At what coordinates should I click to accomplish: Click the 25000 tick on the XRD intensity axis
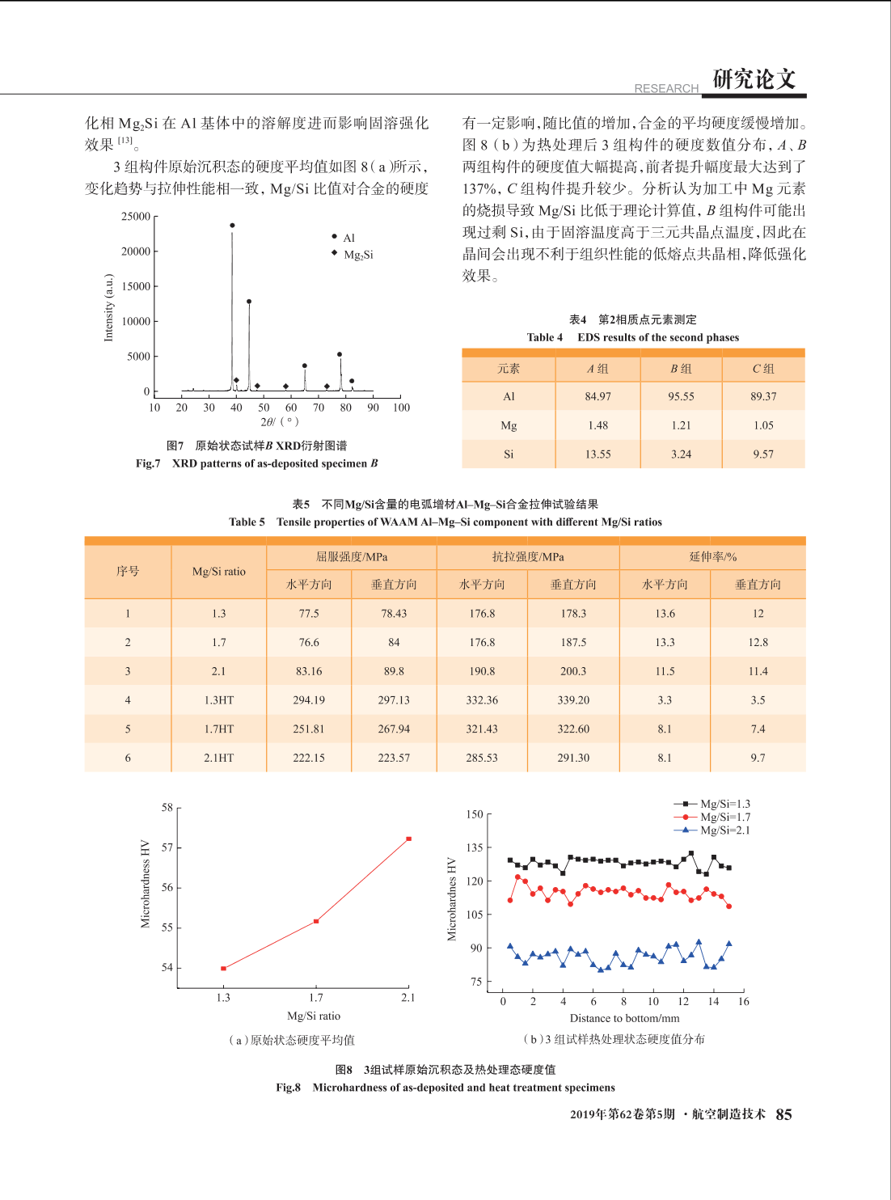point(135,217)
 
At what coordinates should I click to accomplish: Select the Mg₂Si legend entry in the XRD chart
point(353,254)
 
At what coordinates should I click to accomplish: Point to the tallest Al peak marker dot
point(232,225)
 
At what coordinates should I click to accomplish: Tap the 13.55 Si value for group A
point(598,454)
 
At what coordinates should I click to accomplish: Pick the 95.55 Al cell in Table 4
point(681,396)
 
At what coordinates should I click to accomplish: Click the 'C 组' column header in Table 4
point(763,369)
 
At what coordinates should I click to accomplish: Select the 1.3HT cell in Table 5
point(218,699)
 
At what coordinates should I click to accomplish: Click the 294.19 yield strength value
point(309,699)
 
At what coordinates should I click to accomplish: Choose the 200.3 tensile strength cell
point(573,671)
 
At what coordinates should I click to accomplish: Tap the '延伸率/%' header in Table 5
point(712,556)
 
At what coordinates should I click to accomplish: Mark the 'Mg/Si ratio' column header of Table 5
point(218,572)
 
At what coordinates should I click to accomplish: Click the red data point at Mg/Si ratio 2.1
point(408,839)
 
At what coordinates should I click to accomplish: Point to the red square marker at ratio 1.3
point(223,968)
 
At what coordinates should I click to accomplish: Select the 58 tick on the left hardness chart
point(167,808)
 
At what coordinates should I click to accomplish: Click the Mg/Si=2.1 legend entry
point(712,830)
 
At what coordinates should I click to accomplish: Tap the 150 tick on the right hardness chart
point(475,814)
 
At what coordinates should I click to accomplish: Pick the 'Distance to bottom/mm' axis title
point(624,1018)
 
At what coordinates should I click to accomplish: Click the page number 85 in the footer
point(784,1114)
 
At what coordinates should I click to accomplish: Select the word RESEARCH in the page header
point(666,88)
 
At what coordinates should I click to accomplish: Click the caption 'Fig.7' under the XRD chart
point(148,463)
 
